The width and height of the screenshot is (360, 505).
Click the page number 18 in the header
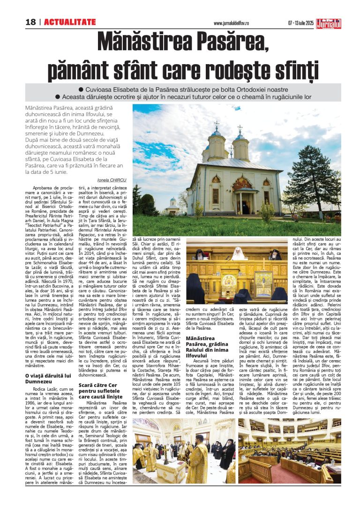pyautogui.click(x=30, y=22)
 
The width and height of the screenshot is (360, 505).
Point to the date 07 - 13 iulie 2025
pyautogui.click(x=300, y=23)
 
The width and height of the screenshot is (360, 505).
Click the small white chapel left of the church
pyautogui.click(x=172, y=206)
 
